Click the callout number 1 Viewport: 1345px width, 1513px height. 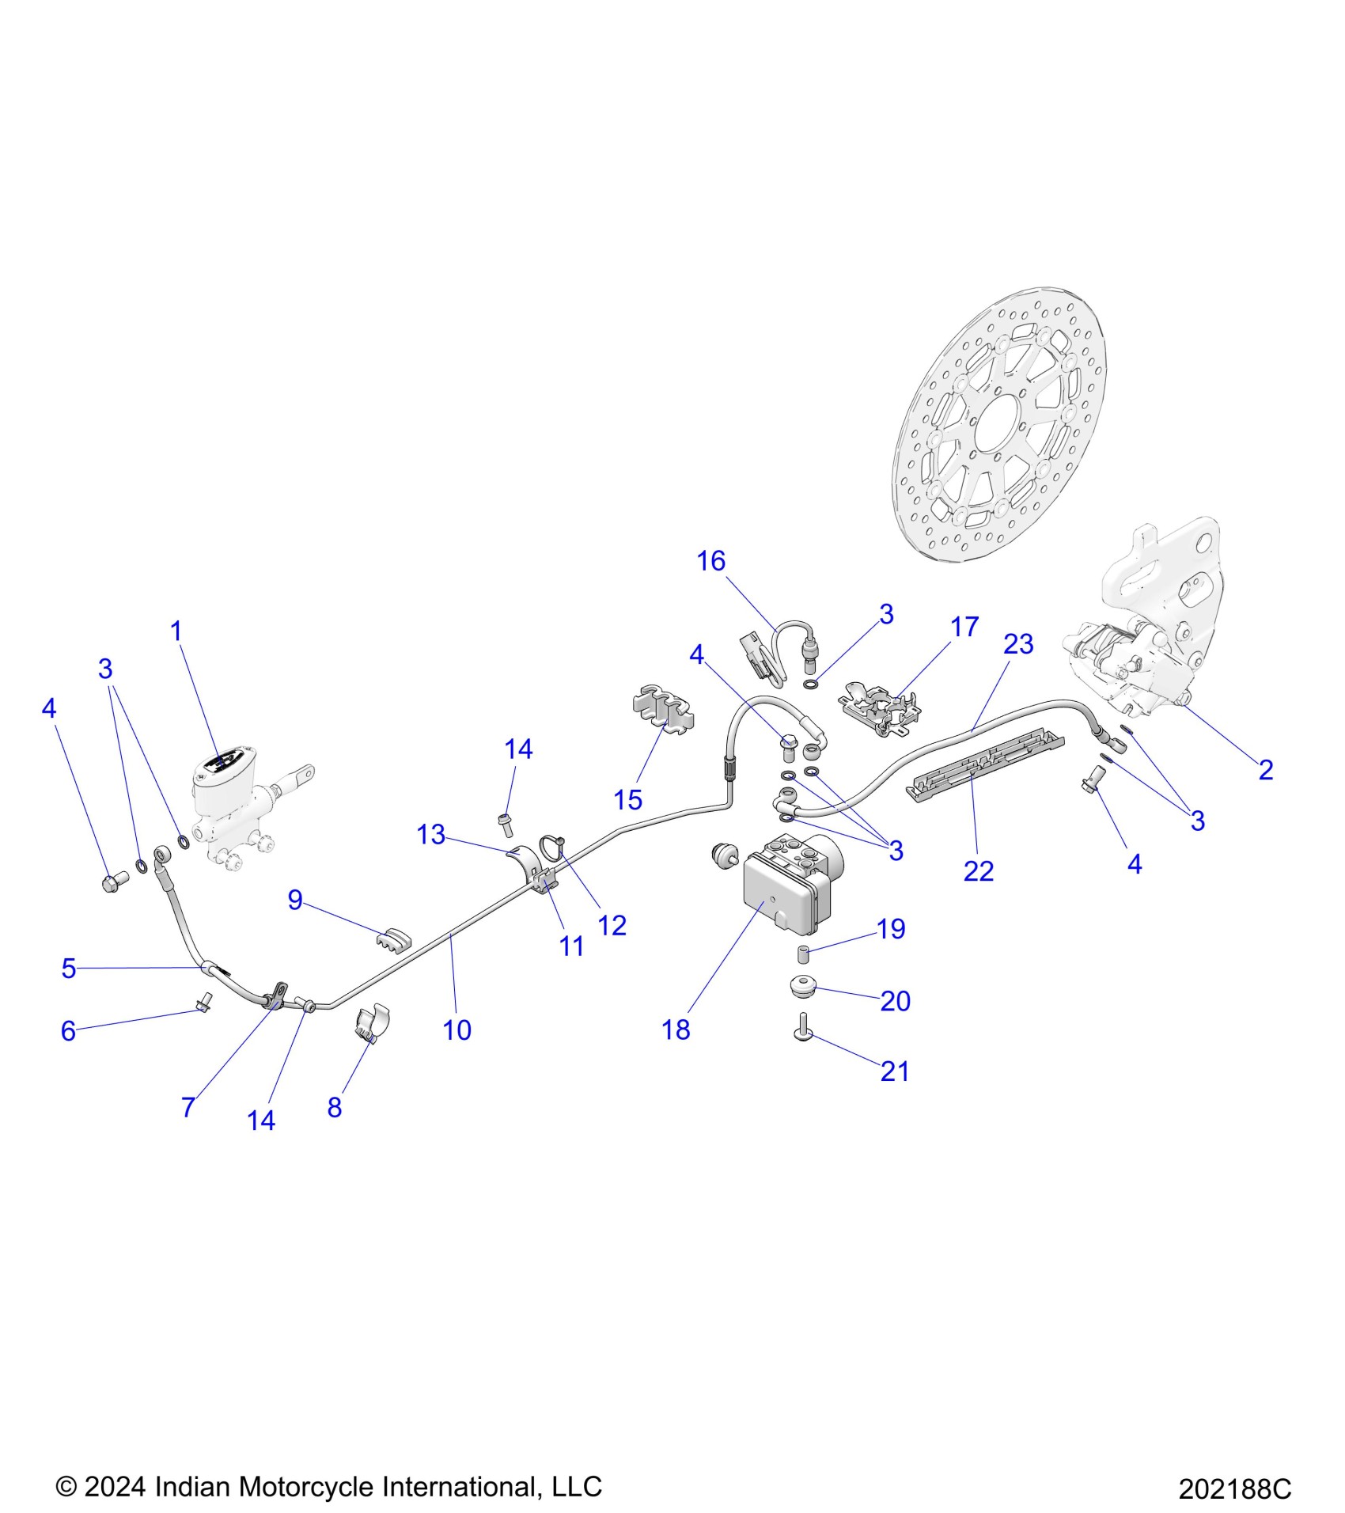point(176,631)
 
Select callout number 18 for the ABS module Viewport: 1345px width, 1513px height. point(676,1030)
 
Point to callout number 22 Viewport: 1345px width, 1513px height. point(978,870)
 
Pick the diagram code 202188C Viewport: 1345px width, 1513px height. point(1234,1488)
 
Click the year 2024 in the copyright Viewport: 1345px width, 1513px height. point(115,1486)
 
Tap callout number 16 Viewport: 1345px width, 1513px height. point(710,560)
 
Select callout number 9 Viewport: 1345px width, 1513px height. point(295,899)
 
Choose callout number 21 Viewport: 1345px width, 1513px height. point(895,1071)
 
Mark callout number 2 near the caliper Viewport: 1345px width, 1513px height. point(1266,769)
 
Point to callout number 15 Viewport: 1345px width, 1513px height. point(627,799)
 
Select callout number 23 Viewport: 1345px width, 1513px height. point(1018,643)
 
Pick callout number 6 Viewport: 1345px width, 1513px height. point(68,1030)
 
